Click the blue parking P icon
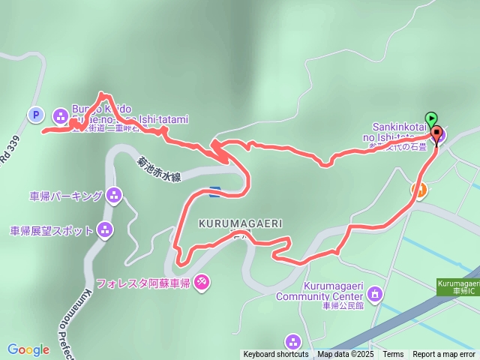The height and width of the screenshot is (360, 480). point(34,115)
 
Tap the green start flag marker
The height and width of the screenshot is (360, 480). point(431,118)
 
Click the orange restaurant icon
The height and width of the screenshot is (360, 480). point(420,191)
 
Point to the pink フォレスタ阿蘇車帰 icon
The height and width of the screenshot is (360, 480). point(202,282)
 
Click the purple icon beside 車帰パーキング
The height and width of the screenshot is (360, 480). point(114,196)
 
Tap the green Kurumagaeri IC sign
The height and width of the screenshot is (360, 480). point(457,286)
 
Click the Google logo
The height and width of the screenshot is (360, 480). point(28,349)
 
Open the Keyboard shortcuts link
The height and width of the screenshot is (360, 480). point(275,355)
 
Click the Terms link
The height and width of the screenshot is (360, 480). point(393,355)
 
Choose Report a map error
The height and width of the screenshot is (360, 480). point(445,355)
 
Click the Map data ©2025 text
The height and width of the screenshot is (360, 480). point(345,355)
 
